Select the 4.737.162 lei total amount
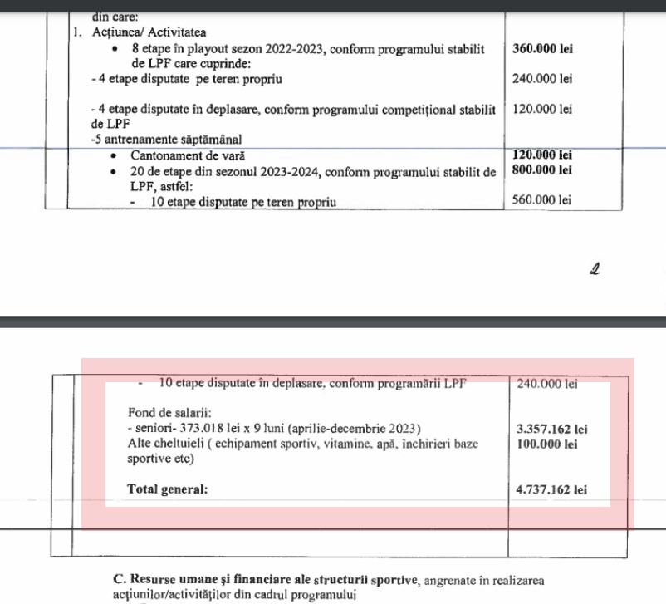point(551,490)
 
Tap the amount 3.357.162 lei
point(551,430)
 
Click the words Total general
point(167,489)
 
